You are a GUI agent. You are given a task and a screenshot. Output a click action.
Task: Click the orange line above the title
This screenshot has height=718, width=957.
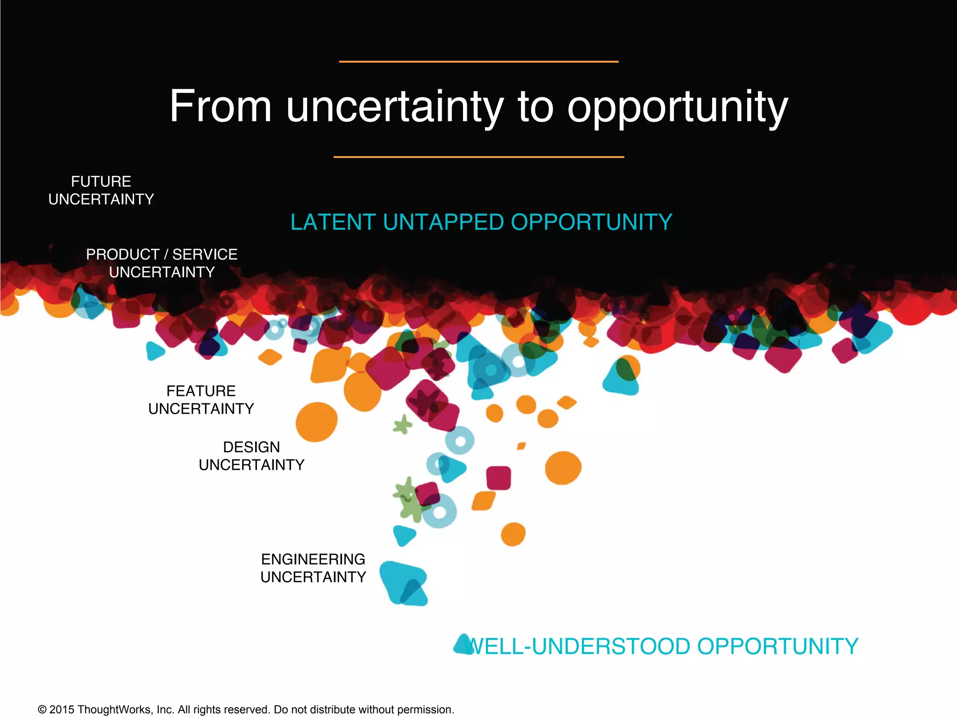(x=478, y=61)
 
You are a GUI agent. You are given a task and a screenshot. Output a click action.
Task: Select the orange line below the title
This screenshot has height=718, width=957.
(x=478, y=157)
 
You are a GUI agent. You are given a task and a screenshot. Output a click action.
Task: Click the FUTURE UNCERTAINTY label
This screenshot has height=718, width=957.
(x=101, y=190)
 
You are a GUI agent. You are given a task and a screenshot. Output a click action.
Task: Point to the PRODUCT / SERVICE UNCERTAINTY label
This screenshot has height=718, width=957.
(x=162, y=263)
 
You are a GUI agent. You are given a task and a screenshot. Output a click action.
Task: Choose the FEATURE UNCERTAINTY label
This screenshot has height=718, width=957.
(x=201, y=400)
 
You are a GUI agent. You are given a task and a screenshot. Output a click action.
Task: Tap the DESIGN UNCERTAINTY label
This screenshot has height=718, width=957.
(x=251, y=456)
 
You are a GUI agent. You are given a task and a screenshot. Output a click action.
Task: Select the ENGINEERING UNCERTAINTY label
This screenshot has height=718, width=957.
(x=313, y=568)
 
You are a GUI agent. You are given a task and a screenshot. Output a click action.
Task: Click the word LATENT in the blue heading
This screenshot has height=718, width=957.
(x=333, y=222)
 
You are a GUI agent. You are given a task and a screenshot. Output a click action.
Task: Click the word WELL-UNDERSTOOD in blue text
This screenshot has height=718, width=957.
(x=579, y=646)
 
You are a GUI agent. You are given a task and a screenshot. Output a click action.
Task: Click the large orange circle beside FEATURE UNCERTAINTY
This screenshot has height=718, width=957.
(x=316, y=422)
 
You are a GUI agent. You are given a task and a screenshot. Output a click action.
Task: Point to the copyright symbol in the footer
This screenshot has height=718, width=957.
(x=42, y=710)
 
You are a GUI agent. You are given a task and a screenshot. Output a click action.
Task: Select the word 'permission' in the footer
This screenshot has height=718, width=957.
(x=429, y=710)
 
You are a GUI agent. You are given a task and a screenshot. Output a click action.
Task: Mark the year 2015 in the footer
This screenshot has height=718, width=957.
(x=62, y=710)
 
